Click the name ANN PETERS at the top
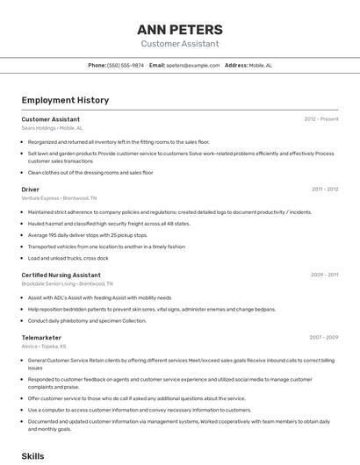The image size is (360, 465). click(x=179, y=29)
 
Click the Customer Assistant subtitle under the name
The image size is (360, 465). click(x=179, y=44)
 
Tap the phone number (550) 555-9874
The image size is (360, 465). click(x=126, y=65)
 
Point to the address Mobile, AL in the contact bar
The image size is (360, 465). click(x=260, y=65)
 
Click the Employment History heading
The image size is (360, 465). click(x=65, y=100)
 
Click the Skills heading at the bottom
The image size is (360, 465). click(x=32, y=456)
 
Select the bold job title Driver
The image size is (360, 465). click(x=31, y=189)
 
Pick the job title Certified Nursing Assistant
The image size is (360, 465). click(x=61, y=275)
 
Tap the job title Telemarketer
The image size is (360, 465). click(x=41, y=337)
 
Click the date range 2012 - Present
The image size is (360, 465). click(x=320, y=118)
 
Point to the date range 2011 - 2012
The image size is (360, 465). click(x=324, y=189)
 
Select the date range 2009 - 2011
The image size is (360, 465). click(x=324, y=275)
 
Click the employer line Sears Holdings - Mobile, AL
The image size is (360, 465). click(x=52, y=128)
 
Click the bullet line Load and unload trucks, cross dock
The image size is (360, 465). click(x=68, y=258)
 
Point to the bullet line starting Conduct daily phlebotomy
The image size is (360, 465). click(x=87, y=320)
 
